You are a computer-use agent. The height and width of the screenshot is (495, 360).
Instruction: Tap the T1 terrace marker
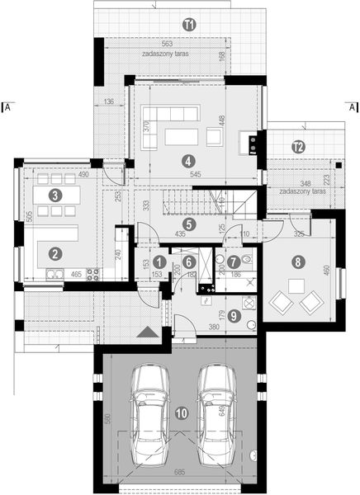[189, 25]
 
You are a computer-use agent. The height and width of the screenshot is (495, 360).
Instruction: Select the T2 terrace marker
[298, 147]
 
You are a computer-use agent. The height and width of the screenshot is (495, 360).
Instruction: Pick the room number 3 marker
[54, 196]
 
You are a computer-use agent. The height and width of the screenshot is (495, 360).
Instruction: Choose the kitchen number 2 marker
[54, 254]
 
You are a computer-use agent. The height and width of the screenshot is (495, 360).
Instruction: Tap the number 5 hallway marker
[189, 223]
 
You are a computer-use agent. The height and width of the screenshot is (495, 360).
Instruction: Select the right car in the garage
[214, 410]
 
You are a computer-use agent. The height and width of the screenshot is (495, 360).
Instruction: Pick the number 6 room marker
[189, 262]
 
